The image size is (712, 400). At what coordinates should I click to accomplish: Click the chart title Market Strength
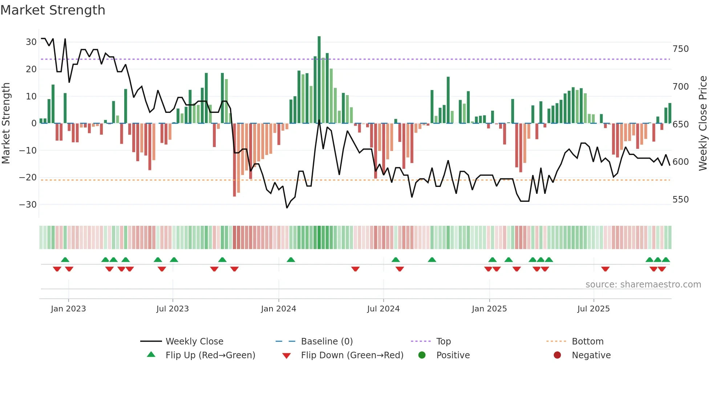click(x=53, y=10)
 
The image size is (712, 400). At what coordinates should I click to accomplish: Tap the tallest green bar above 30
click(x=319, y=80)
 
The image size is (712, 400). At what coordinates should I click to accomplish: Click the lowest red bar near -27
click(x=234, y=160)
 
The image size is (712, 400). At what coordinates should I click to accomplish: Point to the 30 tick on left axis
click(x=31, y=42)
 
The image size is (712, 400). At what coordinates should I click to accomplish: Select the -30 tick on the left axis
click(x=28, y=205)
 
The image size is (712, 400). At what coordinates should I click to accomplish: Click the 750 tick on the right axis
click(x=680, y=49)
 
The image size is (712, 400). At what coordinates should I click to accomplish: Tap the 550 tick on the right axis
click(x=680, y=200)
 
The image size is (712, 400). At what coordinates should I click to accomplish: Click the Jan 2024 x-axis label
click(x=278, y=309)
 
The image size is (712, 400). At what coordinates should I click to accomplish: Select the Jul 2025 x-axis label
click(x=593, y=309)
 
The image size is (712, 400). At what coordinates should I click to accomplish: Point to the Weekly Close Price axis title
click(x=703, y=123)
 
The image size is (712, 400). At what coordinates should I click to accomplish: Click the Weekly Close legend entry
click(x=194, y=342)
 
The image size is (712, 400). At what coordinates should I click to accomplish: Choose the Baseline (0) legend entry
click(x=327, y=342)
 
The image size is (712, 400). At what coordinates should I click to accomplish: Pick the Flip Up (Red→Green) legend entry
click(x=210, y=355)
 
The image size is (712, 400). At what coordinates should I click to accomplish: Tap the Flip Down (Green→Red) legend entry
click(x=352, y=355)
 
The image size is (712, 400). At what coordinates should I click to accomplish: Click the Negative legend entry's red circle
click(x=557, y=355)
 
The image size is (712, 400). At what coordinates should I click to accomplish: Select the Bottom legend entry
click(x=587, y=342)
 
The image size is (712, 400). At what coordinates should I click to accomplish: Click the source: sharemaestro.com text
click(x=643, y=285)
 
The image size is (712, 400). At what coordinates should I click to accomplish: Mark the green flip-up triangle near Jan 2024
click(x=291, y=260)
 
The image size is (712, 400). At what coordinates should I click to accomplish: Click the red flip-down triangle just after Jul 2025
click(x=605, y=269)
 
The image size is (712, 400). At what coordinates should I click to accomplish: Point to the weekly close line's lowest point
click(x=287, y=208)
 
